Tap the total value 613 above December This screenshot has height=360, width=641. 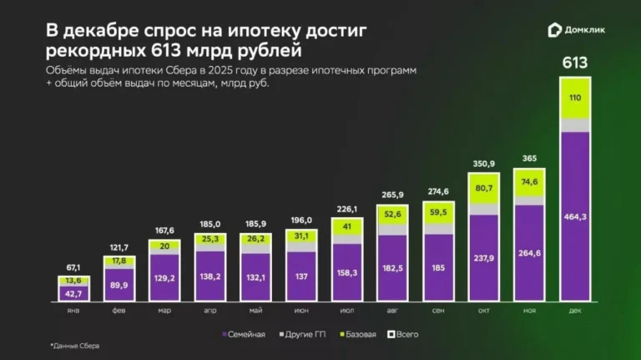[574, 63]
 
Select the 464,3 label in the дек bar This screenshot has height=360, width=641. [574, 216]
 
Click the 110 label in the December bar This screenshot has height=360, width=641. [574, 98]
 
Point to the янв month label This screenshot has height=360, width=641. [73, 308]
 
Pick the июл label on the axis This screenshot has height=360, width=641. [347, 308]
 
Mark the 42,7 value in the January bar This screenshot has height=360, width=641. [73, 293]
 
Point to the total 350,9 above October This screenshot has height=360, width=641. [483, 164]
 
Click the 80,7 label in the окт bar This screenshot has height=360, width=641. [483, 188]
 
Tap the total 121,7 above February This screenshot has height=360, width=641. [119, 247]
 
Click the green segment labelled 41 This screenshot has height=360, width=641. [347, 227]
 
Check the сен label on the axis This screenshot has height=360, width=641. [438, 308]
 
